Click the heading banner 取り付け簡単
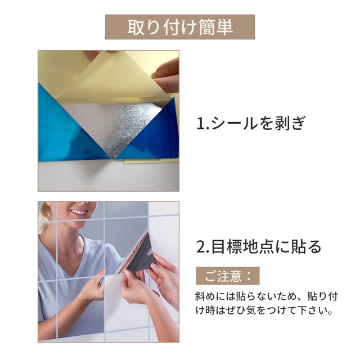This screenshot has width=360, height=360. click(180, 27)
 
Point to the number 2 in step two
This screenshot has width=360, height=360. click(201, 247)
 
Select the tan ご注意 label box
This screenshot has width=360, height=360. click(227, 276)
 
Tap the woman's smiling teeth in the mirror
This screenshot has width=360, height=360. click(79, 212)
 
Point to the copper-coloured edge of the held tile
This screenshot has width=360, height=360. click(133, 253)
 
